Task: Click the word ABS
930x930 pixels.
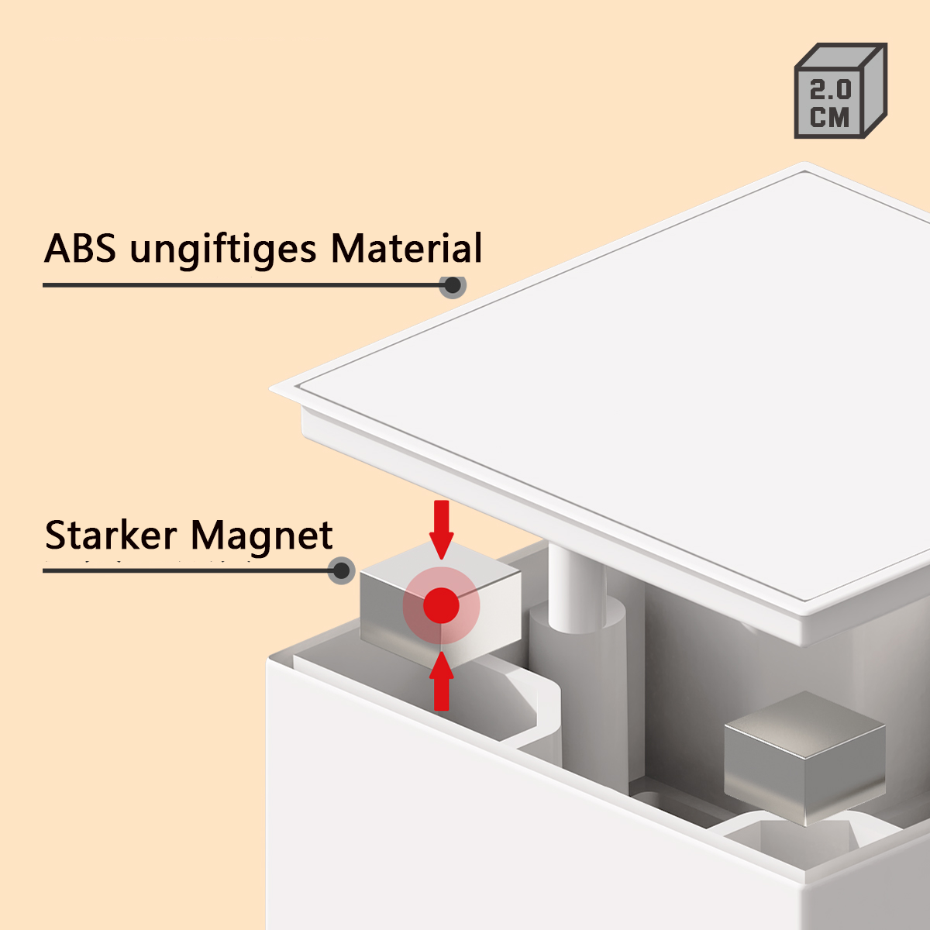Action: (x=81, y=249)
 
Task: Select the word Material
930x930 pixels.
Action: (x=406, y=249)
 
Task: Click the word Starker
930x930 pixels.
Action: (x=111, y=536)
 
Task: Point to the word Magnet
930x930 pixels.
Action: (x=262, y=536)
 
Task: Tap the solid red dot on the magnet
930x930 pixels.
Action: (x=441, y=605)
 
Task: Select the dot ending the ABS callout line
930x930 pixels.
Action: (x=453, y=285)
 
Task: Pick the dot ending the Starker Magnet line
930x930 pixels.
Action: (x=342, y=571)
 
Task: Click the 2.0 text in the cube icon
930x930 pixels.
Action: (x=830, y=90)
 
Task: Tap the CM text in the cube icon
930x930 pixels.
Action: (x=830, y=117)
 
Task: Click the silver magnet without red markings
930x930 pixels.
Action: (x=803, y=756)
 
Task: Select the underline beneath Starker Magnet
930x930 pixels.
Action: (x=186, y=571)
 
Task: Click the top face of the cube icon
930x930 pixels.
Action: (x=841, y=57)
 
